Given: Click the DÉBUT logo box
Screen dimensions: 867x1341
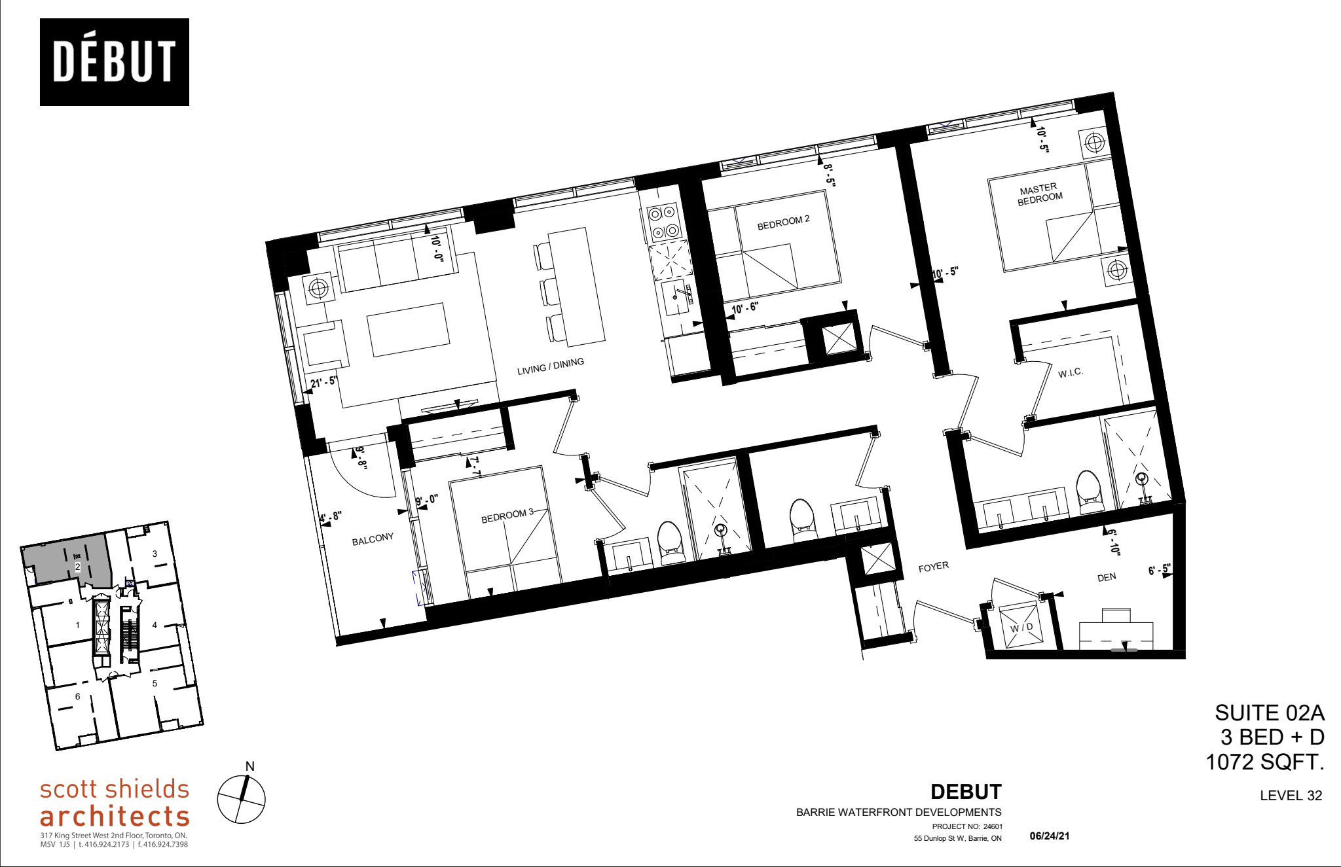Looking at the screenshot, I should (x=114, y=62).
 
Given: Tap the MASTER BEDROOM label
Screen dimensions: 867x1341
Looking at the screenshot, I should (x=1039, y=194).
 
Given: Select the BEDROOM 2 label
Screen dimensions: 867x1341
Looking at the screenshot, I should (x=783, y=222).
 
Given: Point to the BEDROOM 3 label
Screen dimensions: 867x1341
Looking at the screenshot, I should (x=507, y=516).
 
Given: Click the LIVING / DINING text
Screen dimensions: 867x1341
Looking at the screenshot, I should (x=550, y=366).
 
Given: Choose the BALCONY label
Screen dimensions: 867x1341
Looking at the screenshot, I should (x=373, y=539).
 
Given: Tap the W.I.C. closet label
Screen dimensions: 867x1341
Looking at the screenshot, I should (x=1071, y=373).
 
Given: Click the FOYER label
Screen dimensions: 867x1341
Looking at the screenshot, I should (x=933, y=567).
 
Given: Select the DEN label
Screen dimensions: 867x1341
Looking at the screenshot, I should (x=1107, y=577).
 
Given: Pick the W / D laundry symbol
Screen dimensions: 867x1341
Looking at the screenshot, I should (x=1021, y=627).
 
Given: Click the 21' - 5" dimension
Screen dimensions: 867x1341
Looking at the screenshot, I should (x=324, y=381).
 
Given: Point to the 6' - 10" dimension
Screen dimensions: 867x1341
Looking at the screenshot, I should (x=1113, y=541).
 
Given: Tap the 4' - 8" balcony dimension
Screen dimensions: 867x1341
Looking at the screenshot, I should (x=331, y=517).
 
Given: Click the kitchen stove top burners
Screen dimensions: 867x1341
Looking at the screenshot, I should (x=662, y=222).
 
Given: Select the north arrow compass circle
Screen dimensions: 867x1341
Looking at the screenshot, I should (x=241, y=799).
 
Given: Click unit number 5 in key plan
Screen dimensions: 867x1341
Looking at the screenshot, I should (x=155, y=683).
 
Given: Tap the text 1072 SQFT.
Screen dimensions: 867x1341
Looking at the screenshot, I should (x=1264, y=762).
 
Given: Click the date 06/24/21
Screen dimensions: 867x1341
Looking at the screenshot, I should (x=1050, y=836).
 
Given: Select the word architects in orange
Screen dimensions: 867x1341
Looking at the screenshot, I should (x=115, y=816).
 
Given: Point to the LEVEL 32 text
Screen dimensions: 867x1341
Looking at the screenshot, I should (x=1291, y=796).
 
